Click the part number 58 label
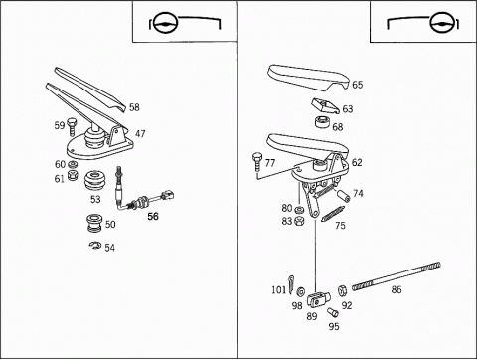(x=134, y=107)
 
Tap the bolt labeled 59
(x=72, y=126)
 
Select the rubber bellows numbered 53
(x=95, y=181)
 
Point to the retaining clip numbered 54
(x=95, y=246)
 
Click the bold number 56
(x=153, y=216)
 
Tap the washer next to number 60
(x=73, y=164)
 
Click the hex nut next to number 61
(x=73, y=175)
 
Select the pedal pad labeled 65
(x=308, y=77)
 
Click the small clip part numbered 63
(x=325, y=106)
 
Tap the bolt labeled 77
(x=257, y=161)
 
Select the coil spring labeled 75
(x=333, y=214)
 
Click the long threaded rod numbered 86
(x=397, y=276)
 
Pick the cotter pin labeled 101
(x=291, y=284)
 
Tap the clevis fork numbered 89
(x=318, y=298)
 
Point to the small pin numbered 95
(x=332, y=312)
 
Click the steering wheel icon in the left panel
(x=166, y=23)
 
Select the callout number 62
(x=357, y=162)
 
